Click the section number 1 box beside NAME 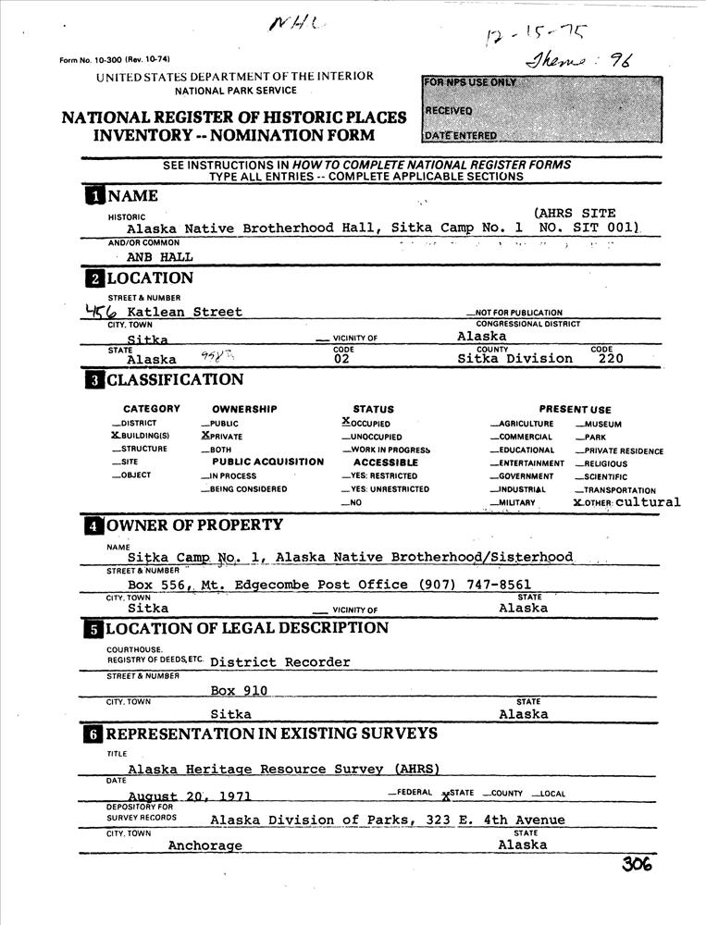pos(94,196)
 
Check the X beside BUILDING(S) pos(116,435)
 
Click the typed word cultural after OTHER pos(648,502)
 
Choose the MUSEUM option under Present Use pos(600,424)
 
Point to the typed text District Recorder pos(280,662)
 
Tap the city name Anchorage pos(205,845)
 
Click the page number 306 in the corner pos(638,864)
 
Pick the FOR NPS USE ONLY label pos(469,83)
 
